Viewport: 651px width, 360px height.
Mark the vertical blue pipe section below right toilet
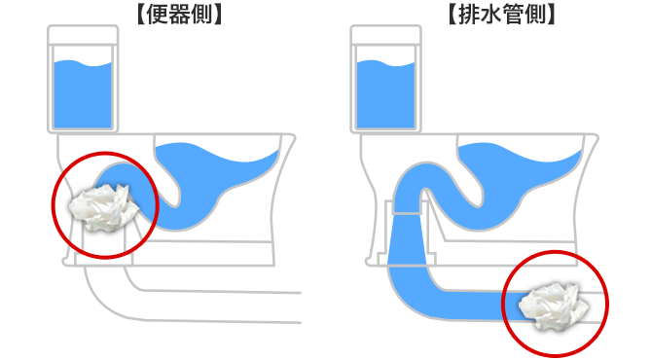[x=406, y=248]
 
